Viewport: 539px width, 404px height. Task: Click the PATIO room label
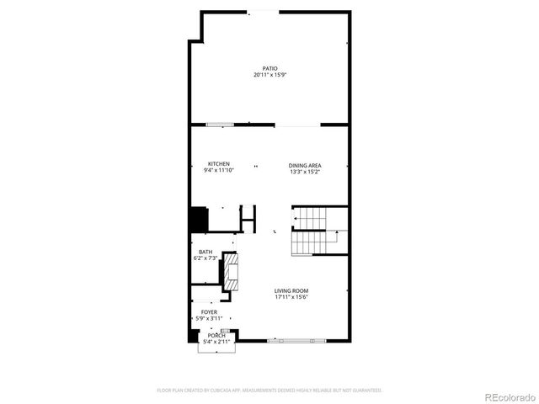click(x=269, y=68)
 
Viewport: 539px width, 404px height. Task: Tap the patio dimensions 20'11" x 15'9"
click(x=269, y=75)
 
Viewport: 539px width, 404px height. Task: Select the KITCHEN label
click(x=219, y=164)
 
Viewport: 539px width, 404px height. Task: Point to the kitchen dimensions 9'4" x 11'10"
click(x=219, y=171)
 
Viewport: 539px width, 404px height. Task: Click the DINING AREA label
click(x=306, y=165)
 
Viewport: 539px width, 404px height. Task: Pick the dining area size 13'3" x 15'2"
click(x=306, y=172)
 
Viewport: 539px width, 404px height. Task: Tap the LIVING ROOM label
click(x=291, y=290)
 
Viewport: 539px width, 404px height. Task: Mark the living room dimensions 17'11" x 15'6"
click(x=291, y=297)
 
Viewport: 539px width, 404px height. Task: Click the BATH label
click(x=205, y=252)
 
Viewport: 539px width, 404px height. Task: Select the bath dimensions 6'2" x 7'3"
click(x=205, y=258)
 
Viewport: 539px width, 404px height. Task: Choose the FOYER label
click(x=209, y=311)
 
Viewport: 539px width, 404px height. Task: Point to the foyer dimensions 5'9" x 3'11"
click(x=209, y=318)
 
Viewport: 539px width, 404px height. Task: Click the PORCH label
click(x=216, y=335)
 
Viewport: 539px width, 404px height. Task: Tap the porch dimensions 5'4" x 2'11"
click(x=216, y=342)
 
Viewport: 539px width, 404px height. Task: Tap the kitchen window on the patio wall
click(x=221, y=125)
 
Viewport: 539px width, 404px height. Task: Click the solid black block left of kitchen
click(x=198, y=220)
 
